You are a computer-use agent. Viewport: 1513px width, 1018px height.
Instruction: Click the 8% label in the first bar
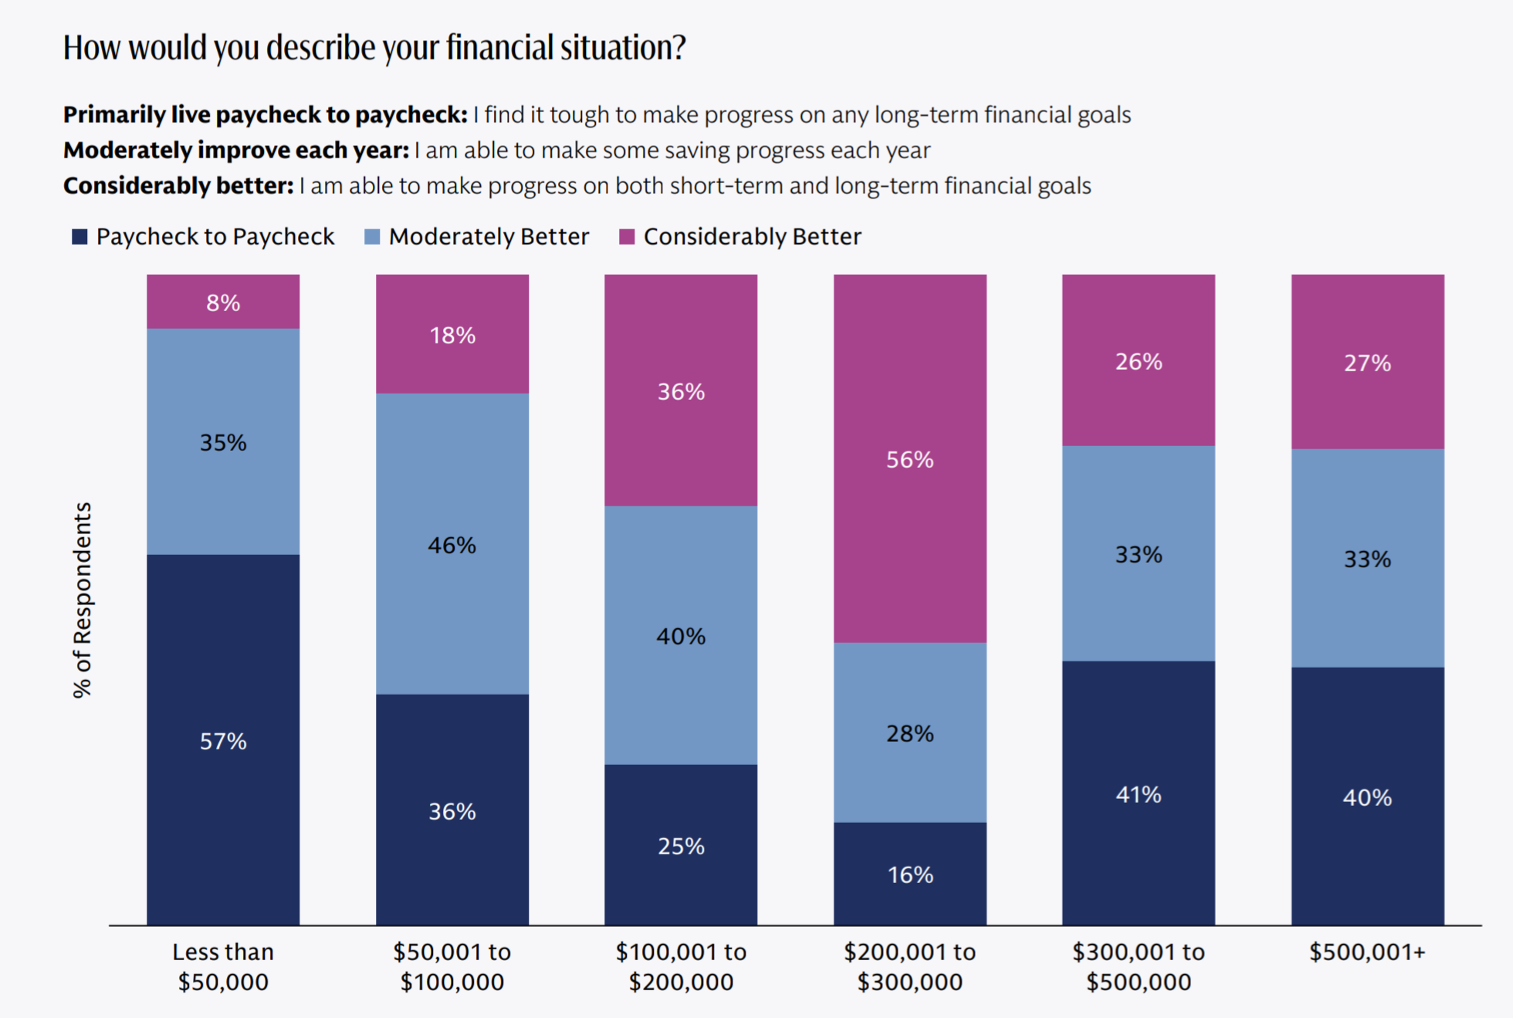223,303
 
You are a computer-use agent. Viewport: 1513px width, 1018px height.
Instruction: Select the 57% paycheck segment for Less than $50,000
223,739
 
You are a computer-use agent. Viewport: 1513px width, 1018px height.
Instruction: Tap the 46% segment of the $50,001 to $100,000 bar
452,543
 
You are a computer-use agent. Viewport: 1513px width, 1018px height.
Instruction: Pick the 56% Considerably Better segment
910,458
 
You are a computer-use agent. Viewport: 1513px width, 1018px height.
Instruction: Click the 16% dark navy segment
910,874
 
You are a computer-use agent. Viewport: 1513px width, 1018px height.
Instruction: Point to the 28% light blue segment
910,732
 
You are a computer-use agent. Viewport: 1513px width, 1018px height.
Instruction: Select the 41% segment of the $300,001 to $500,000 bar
1139,793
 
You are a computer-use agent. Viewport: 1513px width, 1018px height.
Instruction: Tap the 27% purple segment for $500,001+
1368,362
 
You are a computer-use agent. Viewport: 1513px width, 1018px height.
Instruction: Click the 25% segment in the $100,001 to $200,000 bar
681,844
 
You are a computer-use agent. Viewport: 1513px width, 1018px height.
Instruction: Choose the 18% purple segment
452,334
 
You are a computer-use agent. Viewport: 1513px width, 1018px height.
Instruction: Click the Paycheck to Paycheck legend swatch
80,236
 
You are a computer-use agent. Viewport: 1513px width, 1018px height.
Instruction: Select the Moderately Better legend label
489,236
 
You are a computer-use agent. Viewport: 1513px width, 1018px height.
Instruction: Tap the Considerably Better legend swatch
627,236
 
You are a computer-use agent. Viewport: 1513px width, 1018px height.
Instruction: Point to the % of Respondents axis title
83,600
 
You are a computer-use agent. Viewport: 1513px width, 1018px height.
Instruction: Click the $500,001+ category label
1368,952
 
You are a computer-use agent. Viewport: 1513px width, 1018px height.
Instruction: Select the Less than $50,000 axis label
223,966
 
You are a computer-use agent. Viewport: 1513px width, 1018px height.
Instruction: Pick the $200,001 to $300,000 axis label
910,966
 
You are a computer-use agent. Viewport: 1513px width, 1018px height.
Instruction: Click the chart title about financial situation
374,47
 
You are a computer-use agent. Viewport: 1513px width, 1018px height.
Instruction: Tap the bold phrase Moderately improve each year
236,150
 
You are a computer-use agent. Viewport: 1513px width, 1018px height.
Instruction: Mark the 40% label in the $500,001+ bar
1368,797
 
